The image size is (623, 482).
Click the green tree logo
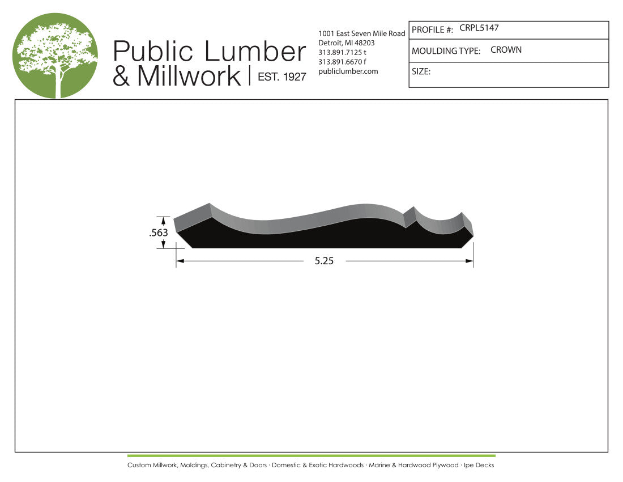pos(55,55)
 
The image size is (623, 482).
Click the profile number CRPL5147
pos(479,28)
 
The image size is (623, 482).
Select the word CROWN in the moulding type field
pos(506,50)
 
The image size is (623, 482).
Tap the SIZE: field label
pos(421,71)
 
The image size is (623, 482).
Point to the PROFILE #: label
pos(432,30)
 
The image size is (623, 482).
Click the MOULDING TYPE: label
pos(446,51)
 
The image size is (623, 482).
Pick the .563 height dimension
pos(159,232)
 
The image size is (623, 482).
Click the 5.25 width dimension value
pos(324,261)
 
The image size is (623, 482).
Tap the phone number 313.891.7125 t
pos(342,53)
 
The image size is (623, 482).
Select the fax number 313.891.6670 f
pos(342,62)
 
